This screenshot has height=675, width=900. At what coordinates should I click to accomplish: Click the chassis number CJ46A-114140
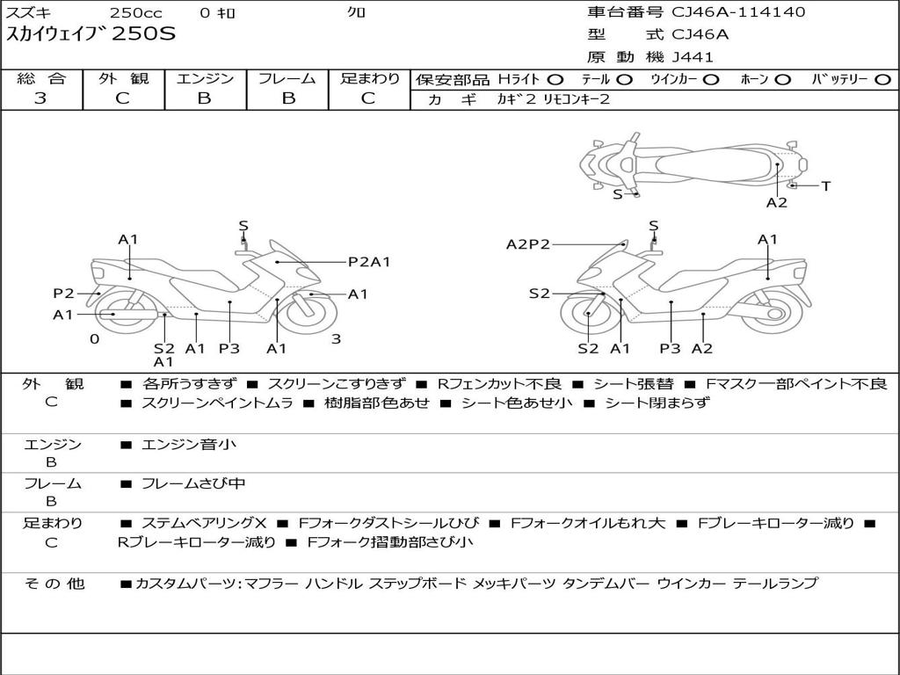click(x=738, y=12)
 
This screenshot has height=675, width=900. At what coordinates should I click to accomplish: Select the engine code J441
click(x=693, y=57)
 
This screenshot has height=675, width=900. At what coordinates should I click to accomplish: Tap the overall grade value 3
click(x=40, y=98)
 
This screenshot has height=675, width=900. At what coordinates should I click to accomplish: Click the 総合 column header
click(x=40, y=79)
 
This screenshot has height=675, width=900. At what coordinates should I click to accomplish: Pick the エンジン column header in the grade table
click(x=205, y=79)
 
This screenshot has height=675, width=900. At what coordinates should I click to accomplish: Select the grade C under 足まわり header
click(x=368, y=98)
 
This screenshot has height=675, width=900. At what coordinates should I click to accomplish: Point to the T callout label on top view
click(x=825, y=185)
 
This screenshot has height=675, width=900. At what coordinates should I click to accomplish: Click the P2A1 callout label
click(x=369, y=261)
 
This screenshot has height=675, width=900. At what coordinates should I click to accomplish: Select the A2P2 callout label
click(x=528, y=244)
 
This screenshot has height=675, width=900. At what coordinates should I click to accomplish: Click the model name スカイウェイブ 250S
click(x=91, y=35)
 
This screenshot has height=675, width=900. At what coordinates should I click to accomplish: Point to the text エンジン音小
click(x=188, y=445)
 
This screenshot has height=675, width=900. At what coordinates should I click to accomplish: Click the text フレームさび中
click(x=193, y=483)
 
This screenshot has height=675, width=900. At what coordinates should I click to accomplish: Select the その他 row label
click(x=54, y=584)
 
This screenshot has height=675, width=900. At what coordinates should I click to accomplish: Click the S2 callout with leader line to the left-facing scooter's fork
click(x=539, y=294)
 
